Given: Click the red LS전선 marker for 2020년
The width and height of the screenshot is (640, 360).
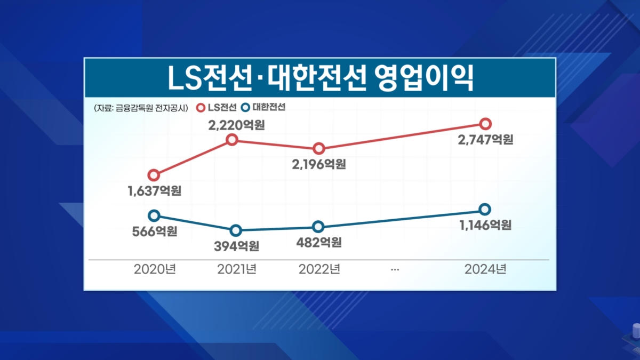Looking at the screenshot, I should tap(154, 175).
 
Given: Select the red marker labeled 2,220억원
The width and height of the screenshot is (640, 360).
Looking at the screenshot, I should tap(231, 140).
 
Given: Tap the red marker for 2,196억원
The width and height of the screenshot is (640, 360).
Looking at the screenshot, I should tap(318, 148).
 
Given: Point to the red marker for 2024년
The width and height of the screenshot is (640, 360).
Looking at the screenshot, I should tap(485, 124).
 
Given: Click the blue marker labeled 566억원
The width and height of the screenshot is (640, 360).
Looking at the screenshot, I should tap(154, 215).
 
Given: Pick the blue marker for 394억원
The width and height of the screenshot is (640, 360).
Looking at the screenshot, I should tap(236, 230).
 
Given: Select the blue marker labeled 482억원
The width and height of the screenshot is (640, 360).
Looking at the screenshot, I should tap(318, 227).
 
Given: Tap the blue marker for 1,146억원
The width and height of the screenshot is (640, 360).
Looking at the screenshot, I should tap(484, 209).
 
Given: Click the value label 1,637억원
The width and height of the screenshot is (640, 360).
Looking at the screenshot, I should tap(155, 190).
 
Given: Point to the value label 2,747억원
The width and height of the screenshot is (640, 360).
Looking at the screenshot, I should tap(486, 140).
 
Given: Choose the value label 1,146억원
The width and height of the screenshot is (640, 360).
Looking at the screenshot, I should tap(485, 225).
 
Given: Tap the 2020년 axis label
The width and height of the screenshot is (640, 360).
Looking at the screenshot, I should tap(154, 269).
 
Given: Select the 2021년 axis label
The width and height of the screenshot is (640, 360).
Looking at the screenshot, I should tap(237, 269).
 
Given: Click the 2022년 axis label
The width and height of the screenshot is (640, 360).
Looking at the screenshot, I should tap(319, 269).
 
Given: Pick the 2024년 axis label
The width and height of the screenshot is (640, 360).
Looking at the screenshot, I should tap(485, 269).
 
